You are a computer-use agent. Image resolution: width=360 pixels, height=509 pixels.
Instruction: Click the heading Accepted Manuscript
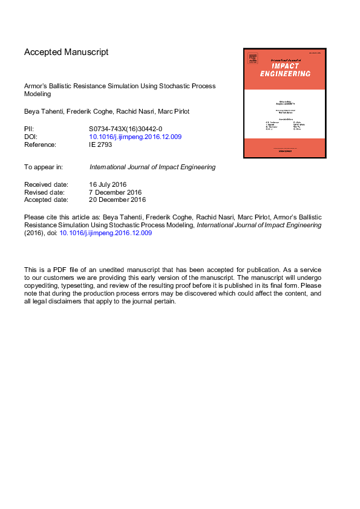tap(67, 52)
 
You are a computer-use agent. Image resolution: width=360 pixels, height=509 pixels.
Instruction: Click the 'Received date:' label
tap(47, 184)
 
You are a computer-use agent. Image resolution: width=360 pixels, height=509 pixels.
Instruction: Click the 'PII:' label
tap(30, 129)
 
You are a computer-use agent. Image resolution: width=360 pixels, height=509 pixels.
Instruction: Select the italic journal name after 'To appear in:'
tap(152, 167)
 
